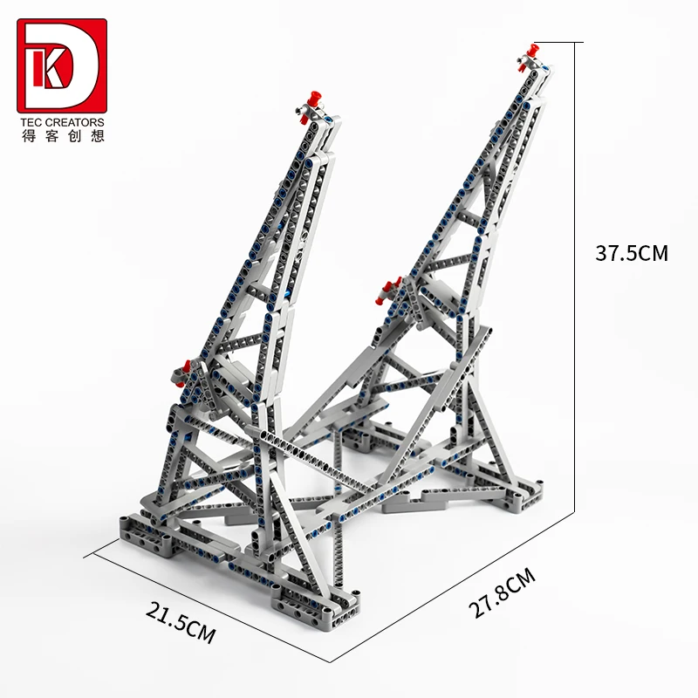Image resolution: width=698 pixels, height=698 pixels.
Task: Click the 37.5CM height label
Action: (x=631, y=254)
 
